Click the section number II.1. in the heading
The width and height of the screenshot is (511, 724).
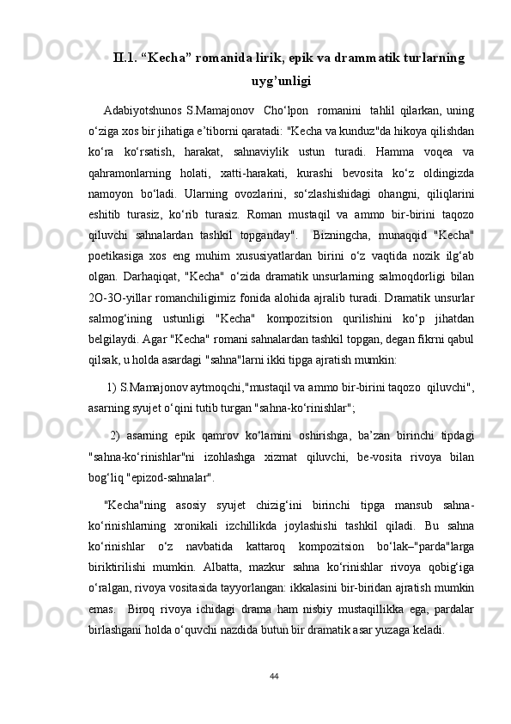[x=126, y=58]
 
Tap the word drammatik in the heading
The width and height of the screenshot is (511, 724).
[x=334, y=58]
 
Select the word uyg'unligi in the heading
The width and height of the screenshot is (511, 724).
[x=280, y=83]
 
